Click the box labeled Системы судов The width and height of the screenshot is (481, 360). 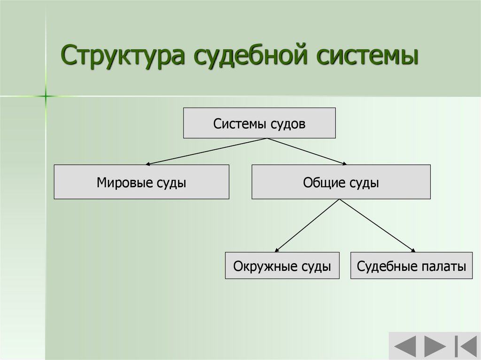click(x=259, y=123)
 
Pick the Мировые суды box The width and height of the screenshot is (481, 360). click(x=141, y=182)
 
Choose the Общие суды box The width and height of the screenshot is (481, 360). click(x=341, y=182)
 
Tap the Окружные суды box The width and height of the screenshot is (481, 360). click(x=282, y=266)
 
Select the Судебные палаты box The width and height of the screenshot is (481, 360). click(x=411, y=266)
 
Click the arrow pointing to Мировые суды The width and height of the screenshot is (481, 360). click(x=207, y=152)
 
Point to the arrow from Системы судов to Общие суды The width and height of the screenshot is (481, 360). click(x=308, y=152)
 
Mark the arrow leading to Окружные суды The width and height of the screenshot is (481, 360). click(x=308, y=226)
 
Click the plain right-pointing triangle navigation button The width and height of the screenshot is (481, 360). click(x=434, y=346)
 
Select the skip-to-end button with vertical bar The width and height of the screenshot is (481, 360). click(x=463, y=346)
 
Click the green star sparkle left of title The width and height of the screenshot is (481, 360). click(x=46, y=96)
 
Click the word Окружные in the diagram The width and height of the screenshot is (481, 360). click(x=263, y=266)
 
